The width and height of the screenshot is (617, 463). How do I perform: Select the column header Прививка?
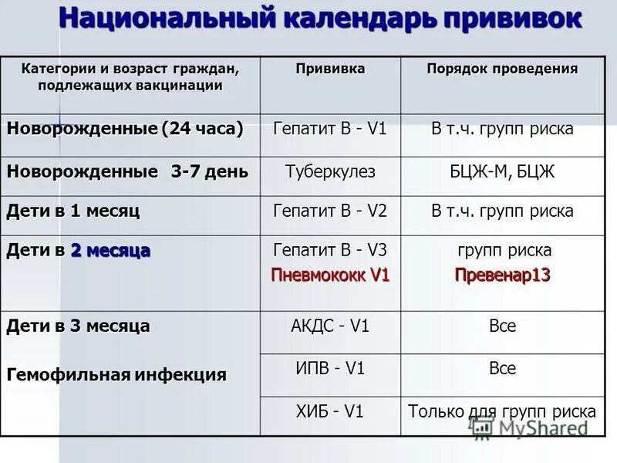[330, 69]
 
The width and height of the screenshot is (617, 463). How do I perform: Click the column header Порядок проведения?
[502, 69]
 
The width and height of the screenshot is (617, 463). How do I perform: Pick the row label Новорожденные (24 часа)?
[125, 129]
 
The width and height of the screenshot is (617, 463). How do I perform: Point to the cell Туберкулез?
[330, 171]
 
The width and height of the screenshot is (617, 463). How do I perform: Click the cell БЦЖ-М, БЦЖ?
[502, 171]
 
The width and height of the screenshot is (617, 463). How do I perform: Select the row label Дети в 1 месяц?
[73, 211]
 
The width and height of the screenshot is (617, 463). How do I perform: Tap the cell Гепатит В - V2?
[330, 211]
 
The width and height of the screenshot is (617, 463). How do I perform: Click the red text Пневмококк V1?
[330, 275]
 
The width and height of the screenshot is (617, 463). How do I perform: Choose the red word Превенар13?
[502, 275]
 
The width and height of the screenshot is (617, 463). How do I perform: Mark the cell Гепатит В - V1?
[330, 129]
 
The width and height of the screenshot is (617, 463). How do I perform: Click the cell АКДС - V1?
[330, 326]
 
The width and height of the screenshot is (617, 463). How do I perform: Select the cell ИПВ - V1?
[330, 369]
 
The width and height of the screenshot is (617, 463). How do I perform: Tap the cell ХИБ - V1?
[330, 411]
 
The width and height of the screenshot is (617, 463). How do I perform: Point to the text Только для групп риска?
[502, 411]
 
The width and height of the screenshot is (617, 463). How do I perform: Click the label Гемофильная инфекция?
[116, 376]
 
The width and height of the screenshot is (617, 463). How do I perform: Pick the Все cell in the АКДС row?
[502, 326]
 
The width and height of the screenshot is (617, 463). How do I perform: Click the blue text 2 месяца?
[110, 251]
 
